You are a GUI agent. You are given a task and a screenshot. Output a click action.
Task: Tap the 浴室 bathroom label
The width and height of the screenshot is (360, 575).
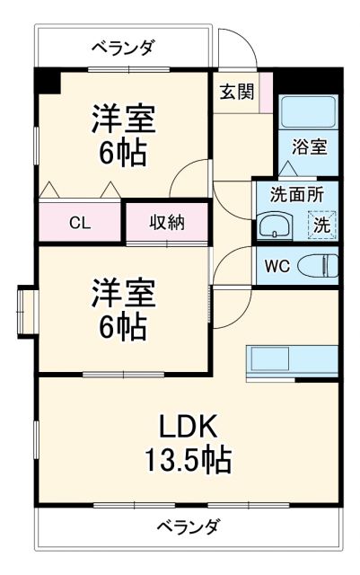311,146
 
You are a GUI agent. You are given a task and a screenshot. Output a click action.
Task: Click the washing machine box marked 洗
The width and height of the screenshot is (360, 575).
320,225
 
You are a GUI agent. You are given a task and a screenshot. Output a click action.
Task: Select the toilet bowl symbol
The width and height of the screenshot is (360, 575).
318,266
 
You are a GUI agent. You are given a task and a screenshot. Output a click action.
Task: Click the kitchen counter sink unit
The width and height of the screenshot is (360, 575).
291,361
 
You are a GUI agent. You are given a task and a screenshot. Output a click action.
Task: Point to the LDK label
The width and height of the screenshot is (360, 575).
189,425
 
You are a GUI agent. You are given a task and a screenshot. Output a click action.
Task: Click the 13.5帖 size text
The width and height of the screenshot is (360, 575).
189,460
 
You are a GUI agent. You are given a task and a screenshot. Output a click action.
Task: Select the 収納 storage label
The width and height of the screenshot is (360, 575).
166,222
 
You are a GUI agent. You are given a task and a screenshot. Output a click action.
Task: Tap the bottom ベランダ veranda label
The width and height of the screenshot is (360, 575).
187,526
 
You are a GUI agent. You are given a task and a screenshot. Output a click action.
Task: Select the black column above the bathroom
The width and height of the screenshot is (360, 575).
308,79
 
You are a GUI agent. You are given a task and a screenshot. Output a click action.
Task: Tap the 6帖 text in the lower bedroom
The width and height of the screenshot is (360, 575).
124,327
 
